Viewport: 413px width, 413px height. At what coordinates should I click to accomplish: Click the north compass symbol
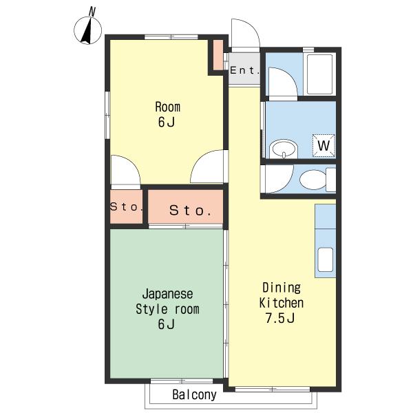tap(87, 30)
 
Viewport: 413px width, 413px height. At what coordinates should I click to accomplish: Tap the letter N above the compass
tap(92, 12)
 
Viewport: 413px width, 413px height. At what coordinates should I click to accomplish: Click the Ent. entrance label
tap(244, 70)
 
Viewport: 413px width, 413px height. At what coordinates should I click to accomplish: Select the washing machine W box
tap(324, 145)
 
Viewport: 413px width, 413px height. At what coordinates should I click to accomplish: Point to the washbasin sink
tap(284, 149)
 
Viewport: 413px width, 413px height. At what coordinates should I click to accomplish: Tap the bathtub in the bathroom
tap(319, 74)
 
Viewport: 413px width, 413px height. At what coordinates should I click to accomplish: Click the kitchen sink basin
tap(326, 260)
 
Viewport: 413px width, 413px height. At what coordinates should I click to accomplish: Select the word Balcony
tap(194, 394)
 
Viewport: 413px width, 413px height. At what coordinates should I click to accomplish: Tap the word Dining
tap(282, 288)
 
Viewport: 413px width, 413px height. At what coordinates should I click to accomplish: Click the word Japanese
tap(167, 294)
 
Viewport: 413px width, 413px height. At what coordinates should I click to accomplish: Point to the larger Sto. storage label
tap(190, 210)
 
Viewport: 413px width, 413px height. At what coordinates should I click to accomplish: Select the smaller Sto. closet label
tap(127, 206)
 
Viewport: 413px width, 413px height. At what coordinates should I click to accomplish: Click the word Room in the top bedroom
tap(168, 107)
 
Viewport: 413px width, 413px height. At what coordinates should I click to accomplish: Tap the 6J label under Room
tap(166, 122)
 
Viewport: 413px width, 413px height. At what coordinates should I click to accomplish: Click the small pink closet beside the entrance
tap(218, 55)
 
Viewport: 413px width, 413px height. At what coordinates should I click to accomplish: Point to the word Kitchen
tap(282, 303)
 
